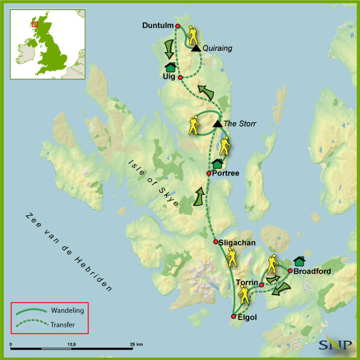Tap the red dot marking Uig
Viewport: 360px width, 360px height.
[x=180, y=77]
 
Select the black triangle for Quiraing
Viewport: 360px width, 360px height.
[x=196, y=48]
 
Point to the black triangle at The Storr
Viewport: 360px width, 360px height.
[x=217, y=123]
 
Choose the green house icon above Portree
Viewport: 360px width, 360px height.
[x=217, y=163]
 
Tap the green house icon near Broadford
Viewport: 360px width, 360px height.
[x=298, y=261]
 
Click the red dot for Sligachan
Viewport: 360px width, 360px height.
[x=216, y=242]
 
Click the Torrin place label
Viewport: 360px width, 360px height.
[x=247, y=283]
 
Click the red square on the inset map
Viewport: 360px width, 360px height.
[x=34, y=25]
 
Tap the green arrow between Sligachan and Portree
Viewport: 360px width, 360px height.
[x=198, y=198]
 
